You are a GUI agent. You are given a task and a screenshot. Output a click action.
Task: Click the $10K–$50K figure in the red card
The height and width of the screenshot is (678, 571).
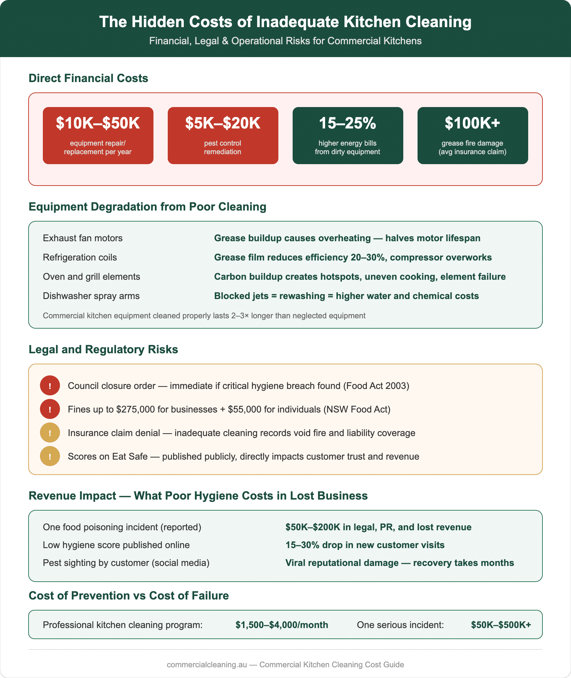(x=98, y=123)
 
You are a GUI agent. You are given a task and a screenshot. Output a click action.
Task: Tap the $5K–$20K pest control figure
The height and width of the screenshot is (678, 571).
(x=223, y=123)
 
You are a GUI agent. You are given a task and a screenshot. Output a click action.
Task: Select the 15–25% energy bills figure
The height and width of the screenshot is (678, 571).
(x=348, y=123)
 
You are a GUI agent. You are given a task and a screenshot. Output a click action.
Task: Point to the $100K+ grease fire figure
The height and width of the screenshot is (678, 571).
(x=473, y=123)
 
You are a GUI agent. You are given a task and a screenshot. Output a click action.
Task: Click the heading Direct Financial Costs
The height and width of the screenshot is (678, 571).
(x=88, y=78)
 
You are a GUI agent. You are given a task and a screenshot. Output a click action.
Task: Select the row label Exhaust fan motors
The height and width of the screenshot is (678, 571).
(x=82, y=238)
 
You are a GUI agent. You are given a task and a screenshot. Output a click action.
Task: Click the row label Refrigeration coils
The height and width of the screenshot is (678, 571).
(x=80, y=257)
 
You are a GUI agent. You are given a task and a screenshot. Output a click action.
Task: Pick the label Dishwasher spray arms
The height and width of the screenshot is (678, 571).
(x=91, y=296)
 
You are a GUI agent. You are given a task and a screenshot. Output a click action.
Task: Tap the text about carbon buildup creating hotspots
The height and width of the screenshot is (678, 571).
(x=360, y=277)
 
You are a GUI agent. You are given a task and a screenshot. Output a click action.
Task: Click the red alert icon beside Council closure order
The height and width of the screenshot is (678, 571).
(x=50, y=386)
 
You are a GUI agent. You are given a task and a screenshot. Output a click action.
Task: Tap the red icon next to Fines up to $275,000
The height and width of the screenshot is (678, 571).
(x=50, y=409)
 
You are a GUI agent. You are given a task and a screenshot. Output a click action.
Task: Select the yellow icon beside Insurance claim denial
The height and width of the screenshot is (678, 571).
(x=50, y=433)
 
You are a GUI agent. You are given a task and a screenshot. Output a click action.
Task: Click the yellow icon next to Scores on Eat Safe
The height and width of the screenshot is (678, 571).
(x=50, y=456)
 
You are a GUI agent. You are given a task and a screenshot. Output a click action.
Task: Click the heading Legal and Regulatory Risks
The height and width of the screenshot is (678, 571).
(x=103, y=349)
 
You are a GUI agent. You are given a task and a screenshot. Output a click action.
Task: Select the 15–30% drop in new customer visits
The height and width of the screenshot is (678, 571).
(x=365, y=545)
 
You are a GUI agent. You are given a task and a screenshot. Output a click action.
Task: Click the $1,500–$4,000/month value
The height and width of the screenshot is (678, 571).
(x=282, y=625)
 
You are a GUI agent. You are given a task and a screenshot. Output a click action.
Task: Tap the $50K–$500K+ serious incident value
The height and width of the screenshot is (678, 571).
(x=501, y=625)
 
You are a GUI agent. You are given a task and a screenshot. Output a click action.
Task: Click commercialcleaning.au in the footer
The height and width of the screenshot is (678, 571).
(x=207, y=664)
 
